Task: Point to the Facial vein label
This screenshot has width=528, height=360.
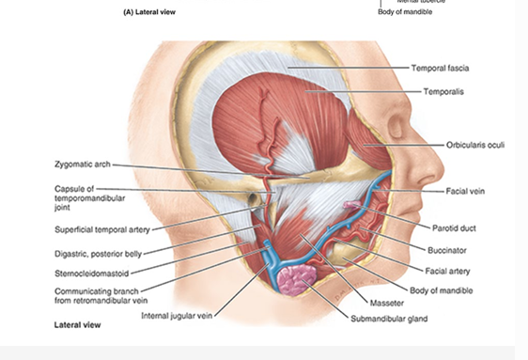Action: (x=469, y=191)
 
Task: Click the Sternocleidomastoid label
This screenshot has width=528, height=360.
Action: (x=96, y=274)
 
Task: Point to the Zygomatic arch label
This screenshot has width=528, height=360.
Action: (x=83, y=164)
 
